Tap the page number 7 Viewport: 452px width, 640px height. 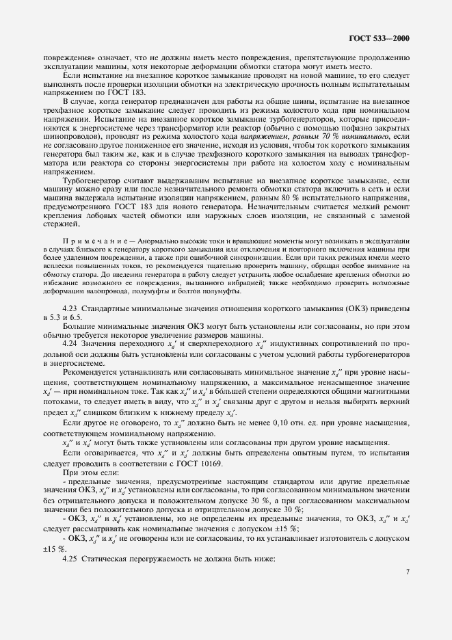pyautogui.click(x=407, y=591)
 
